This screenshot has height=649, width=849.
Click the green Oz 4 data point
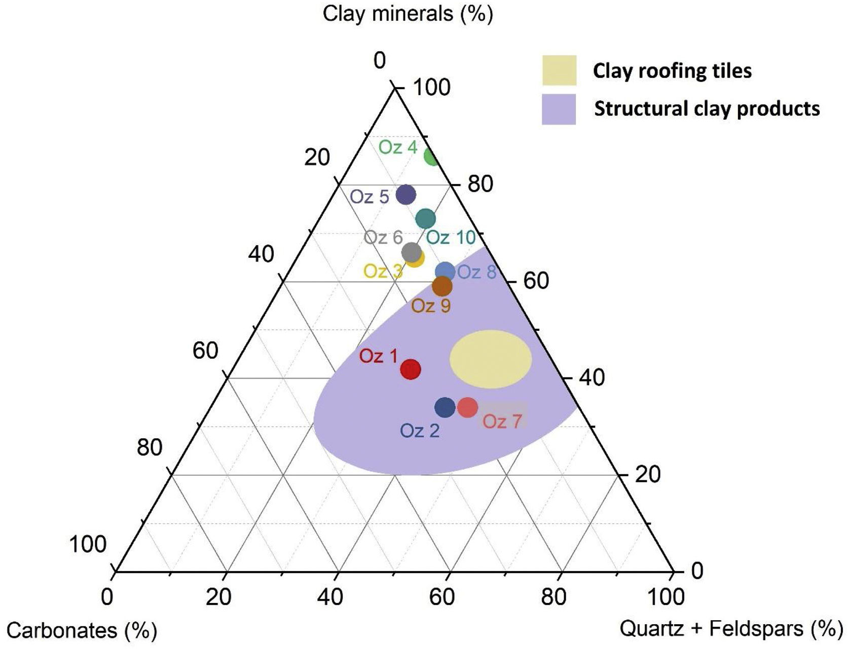432,157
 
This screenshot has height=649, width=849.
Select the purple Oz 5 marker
405,194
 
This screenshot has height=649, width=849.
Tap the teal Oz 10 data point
426,218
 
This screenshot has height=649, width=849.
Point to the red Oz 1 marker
411,369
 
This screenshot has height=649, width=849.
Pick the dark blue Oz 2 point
445,407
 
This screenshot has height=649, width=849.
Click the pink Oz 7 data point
467,407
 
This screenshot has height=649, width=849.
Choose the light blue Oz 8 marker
446,272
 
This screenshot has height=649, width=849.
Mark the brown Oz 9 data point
442,286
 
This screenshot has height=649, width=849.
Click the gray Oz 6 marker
411,252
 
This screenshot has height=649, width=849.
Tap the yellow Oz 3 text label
383,272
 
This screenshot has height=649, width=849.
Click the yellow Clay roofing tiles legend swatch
559,70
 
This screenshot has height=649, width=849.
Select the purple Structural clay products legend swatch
559,109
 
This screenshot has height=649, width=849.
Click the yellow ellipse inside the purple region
491,359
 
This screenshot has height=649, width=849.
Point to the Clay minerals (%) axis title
408,14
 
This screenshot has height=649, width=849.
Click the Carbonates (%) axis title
82,631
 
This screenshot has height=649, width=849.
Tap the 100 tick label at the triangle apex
432,88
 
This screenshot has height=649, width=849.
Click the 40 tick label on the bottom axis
330,597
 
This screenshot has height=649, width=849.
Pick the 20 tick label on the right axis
648,475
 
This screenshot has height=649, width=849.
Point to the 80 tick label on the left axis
150,448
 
